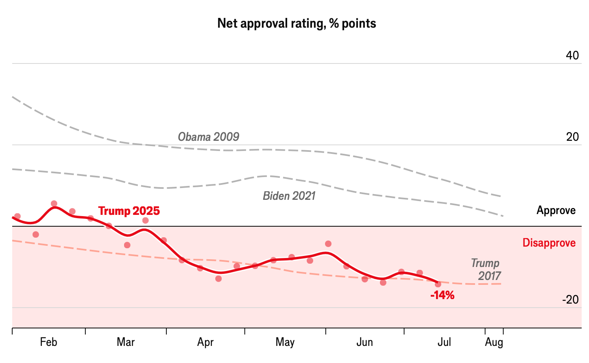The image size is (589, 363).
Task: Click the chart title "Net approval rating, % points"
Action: (x=297, y=24)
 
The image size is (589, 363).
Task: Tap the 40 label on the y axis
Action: (x=572, y=55)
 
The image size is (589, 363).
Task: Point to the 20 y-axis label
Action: (x=572, y=137)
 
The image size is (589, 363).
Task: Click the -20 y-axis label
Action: (x=570, y=300)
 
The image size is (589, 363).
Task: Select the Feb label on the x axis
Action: (x=48, y=342)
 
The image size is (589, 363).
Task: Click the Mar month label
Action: (x=126, y=342)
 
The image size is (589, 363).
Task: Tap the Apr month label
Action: (x=205, y=342)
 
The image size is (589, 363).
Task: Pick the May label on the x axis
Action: (x=285, y=342)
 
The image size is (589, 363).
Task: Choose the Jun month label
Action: (x=364, y=342)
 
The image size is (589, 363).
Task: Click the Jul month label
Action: (x=444, y=342)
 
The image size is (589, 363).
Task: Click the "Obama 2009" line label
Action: (x=208, y=137)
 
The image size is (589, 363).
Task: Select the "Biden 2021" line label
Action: (x=289, y=196)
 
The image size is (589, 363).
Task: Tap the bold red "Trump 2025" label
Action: (x=129, y=211)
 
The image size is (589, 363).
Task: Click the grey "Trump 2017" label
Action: (x=486, y=269)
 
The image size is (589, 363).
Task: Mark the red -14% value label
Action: (x=442, y=295)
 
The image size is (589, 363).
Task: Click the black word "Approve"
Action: (x=556, y=210)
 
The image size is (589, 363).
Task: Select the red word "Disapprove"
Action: (x=549, y=243)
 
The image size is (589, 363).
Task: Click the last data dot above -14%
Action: (x=438, y=284)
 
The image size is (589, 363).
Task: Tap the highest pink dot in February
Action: (x=54, y=203)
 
